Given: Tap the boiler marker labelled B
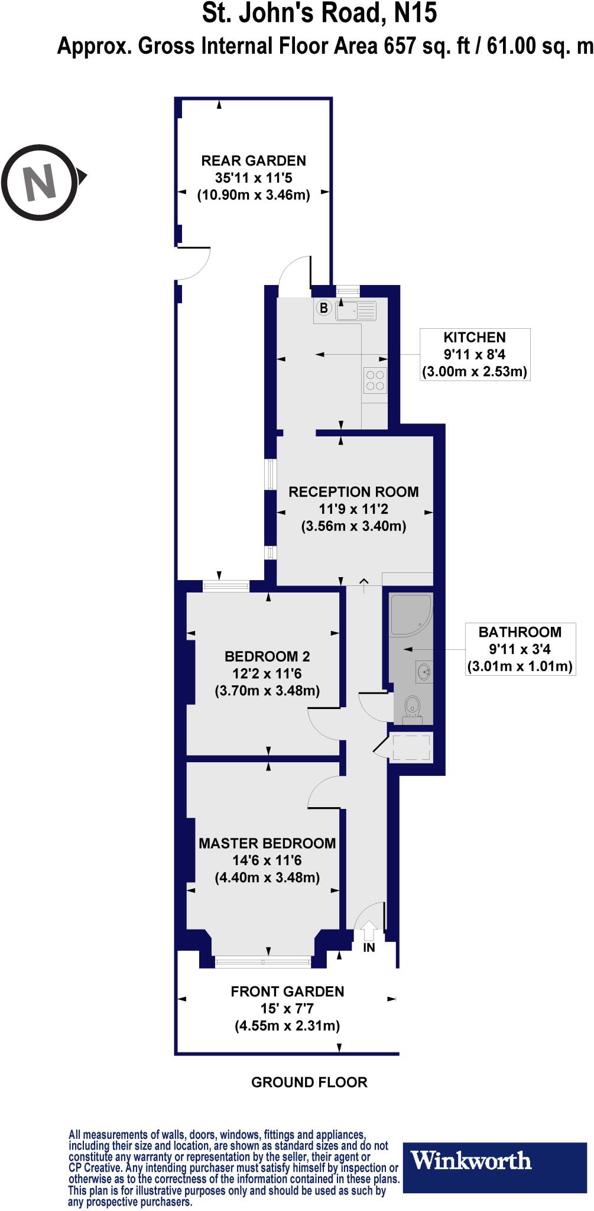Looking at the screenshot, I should (x=323, y=308).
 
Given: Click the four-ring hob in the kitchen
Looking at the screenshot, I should (x=375, y=380).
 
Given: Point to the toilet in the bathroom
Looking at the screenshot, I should (x=412, y=707).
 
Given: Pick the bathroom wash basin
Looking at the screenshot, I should (x=424, y=672).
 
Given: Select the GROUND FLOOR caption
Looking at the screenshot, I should (x=309, y=1082).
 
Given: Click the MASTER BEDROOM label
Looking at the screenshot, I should (x=267, y=843).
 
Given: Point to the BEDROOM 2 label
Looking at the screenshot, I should (x=267, y=656).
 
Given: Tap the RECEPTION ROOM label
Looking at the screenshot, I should (x=353, y=492).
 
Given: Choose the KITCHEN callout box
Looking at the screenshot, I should (x=475, y=354).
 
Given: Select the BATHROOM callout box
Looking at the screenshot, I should (x=520, y=649).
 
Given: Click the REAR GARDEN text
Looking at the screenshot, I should (x=254, y=161).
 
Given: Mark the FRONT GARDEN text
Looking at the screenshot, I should (x=287, y=992).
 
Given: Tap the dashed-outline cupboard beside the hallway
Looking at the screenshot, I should (x=411, y=747).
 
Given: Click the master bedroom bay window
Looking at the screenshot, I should (x=263, y=962).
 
